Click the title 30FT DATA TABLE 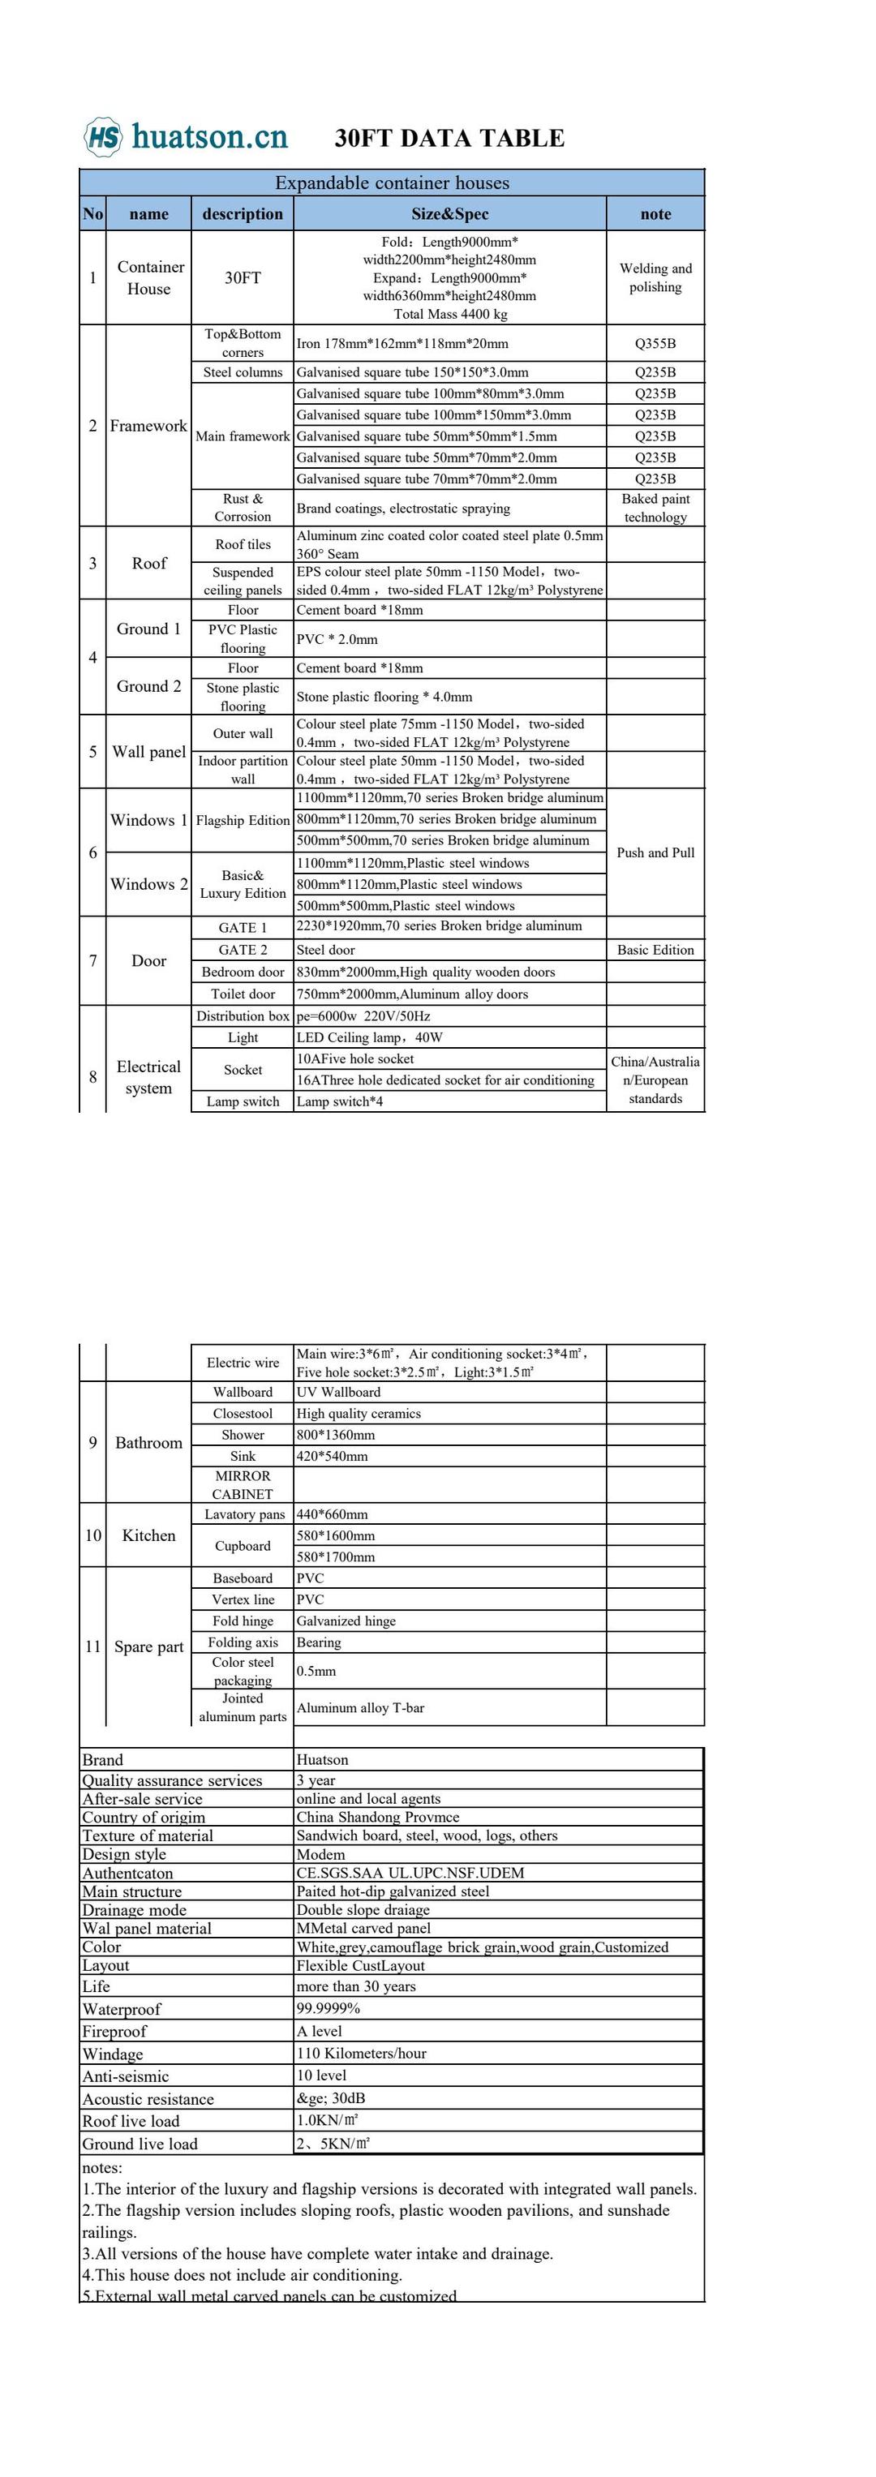tap(449, 139)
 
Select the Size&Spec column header tap(449, 213)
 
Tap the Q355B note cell tap(655, 343)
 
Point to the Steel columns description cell tap(243, 372)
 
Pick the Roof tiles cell tap(243, 544)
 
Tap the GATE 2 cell tap(243, 949)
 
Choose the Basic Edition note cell tap(655, 949)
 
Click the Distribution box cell tap(243, 1015)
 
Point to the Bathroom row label tap(148, 1442)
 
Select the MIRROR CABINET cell tap(243, 1485)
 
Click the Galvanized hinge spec tap(346, 1621)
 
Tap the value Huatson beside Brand tap(322, 1760)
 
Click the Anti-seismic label tap(125, 2076)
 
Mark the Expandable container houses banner tap(392, 182)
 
